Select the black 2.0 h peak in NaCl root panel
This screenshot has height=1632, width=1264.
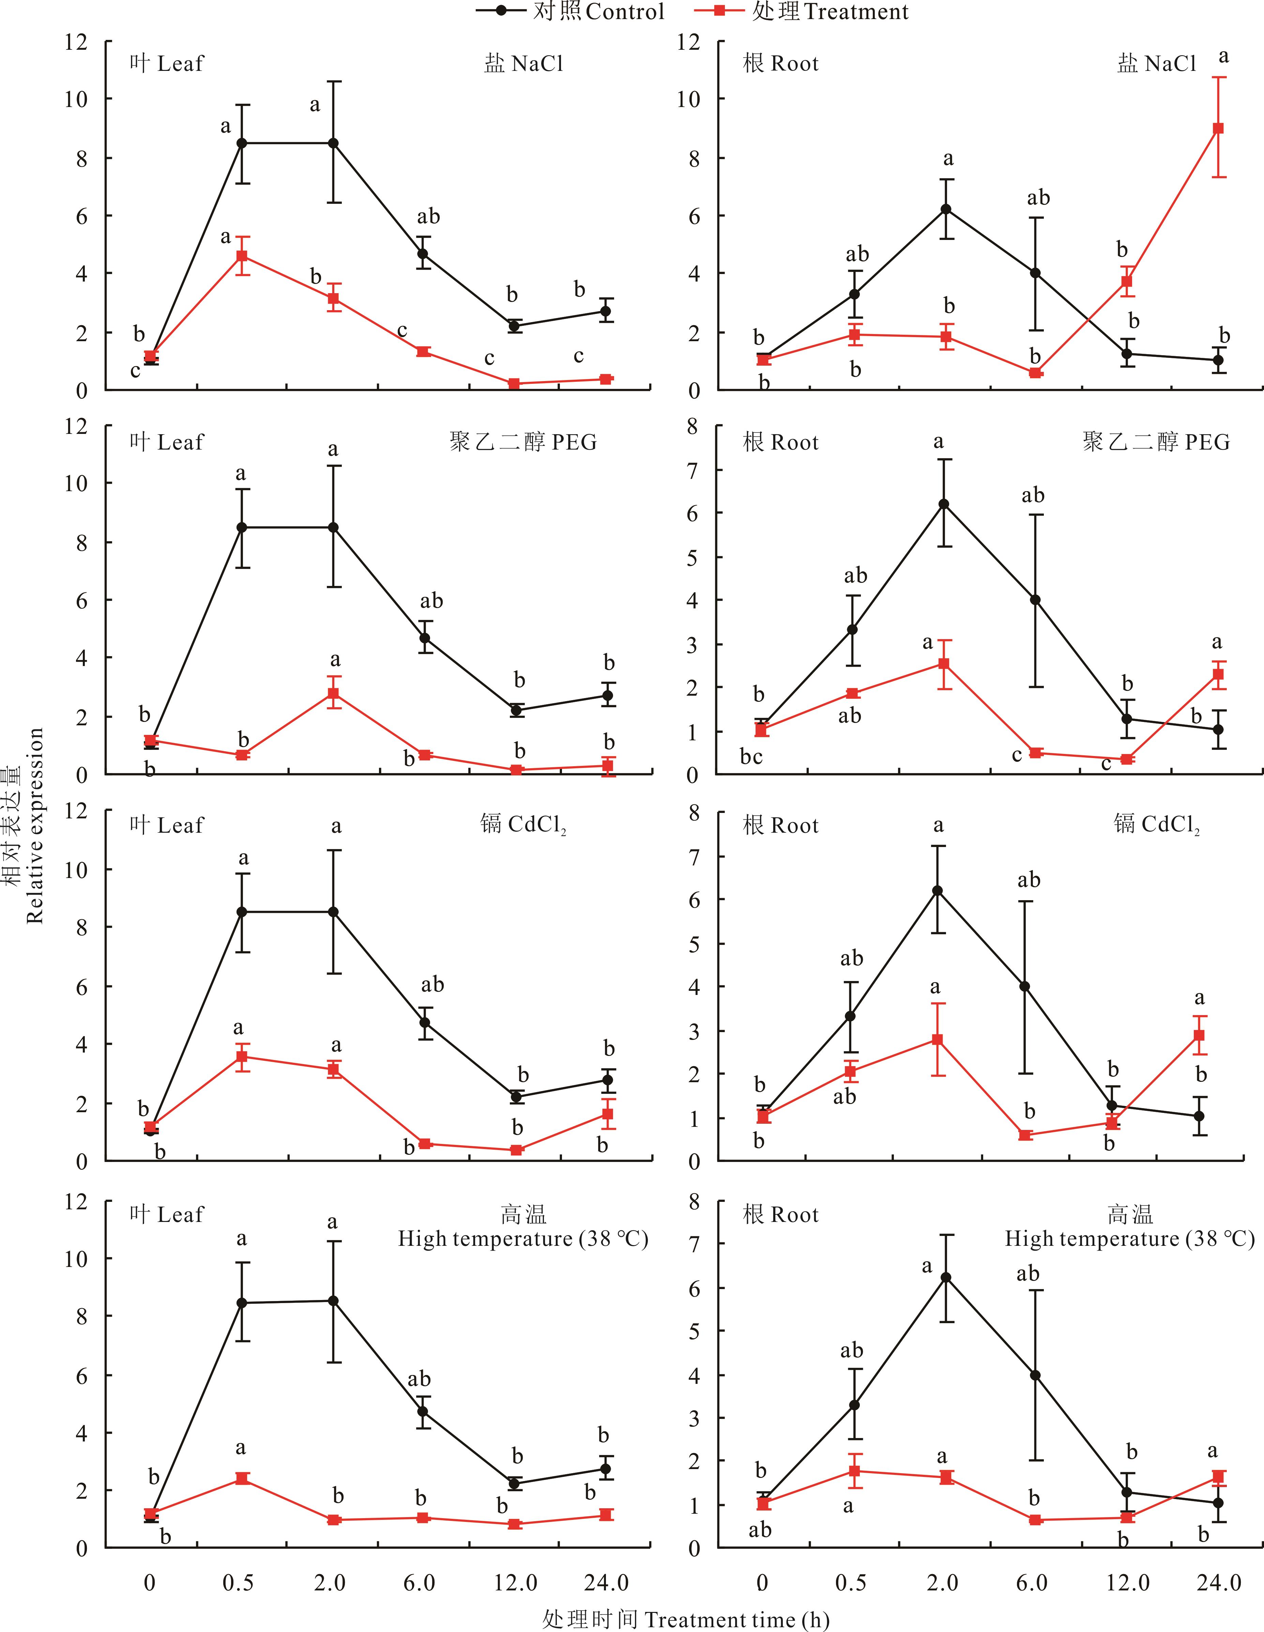pyautogui.click(x=946, y=209)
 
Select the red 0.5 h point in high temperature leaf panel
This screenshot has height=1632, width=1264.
pyautogui.click(x=242, y=1478)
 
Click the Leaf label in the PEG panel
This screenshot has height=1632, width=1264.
pyautogui.click(x=166, y=442)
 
